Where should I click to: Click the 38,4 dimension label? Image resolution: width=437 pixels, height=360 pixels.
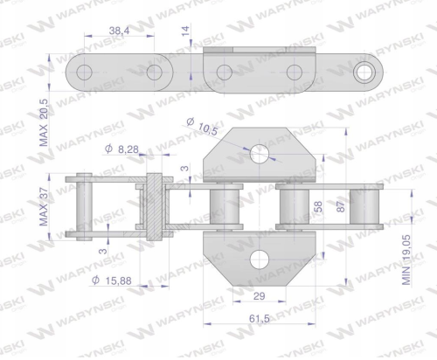119,30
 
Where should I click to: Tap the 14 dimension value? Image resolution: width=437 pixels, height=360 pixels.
185,31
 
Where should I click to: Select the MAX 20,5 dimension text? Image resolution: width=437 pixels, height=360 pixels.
43,122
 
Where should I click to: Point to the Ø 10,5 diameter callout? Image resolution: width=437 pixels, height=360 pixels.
202,127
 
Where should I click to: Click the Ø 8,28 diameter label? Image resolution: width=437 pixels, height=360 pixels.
121,149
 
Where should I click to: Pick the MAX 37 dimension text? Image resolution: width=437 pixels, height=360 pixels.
43,207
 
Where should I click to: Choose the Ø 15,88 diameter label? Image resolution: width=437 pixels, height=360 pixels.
112,280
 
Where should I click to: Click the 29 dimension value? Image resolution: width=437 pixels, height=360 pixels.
259,296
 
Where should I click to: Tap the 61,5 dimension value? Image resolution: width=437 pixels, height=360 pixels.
260,319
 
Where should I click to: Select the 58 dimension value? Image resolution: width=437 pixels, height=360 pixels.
319,206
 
